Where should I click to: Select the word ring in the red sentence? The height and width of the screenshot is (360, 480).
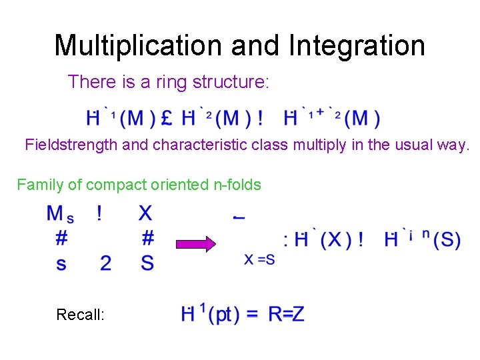click(x=171, y=82)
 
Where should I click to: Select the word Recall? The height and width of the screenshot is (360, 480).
click(x=80, y=314)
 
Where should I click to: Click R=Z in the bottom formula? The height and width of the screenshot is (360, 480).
click(x=286, y=314)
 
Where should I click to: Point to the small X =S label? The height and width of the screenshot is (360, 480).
click(x=259, y=260)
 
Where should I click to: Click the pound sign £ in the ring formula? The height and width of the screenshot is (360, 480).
click(x=167, y=119)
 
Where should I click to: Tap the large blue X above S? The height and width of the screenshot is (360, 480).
click(x=145, y=213)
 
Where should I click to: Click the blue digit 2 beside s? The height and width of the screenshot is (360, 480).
click(x=105, y=264)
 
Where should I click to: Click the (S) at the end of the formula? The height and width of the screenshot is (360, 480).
click(x=446, y=240)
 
